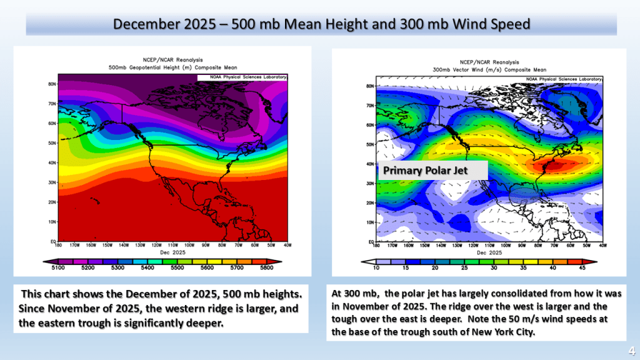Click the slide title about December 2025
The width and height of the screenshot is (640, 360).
click(x=321, y=24)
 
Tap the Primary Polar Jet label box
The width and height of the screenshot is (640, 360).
click(x=425, y=170)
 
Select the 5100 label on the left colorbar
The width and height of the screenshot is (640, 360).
click(x=58, y=267)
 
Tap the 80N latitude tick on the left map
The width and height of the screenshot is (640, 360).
click(x=52, y=83)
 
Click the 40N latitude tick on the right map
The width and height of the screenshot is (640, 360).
click(x=369, y=164)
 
